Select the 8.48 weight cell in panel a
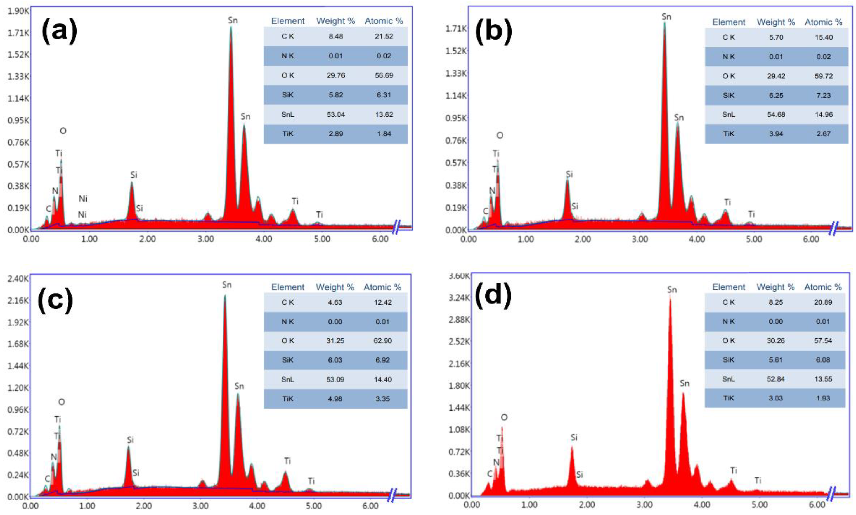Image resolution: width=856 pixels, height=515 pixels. (335, 36)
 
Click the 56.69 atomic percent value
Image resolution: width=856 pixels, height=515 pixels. (384, 75)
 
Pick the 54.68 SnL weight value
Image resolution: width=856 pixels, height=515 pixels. (776, 115)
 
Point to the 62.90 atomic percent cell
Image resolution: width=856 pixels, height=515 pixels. (382, 341)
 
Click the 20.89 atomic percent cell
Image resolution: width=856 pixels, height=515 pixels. (823, 302)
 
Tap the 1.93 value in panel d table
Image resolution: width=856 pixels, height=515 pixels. (823, 398)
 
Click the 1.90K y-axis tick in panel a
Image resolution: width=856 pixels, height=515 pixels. (18, 11)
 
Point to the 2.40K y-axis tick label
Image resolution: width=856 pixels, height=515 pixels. (18, 278)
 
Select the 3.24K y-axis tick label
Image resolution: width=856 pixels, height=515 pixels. (459, 297)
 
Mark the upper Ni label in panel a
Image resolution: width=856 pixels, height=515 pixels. (83, 199)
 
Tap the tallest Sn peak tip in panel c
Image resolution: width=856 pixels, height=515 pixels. (225, 296)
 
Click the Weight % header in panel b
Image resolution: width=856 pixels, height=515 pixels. (776, 22)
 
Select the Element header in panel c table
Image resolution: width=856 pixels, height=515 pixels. (288, 287)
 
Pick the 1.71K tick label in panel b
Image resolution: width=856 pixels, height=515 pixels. (456, 28)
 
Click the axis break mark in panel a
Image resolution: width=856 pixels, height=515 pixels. (396, 227)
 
